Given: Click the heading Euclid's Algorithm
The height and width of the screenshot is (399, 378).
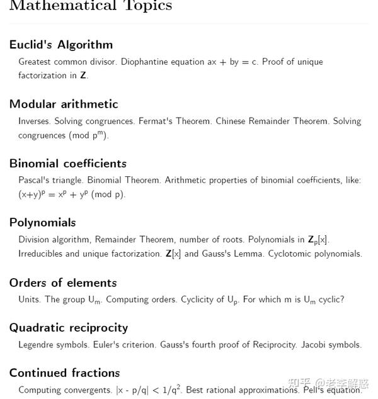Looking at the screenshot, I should click(x=61, y=45).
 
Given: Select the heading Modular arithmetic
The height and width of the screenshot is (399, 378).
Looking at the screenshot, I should click(x=64, y=104).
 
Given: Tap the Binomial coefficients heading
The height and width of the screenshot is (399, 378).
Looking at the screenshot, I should click(x=68, y=164).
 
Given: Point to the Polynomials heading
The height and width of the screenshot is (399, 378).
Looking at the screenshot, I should click(x=42, y=223).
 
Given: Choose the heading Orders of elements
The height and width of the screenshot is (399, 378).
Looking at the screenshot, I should click(x=63, y=283).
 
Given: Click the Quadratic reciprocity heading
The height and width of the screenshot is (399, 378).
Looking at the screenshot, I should click(x=69, y=328).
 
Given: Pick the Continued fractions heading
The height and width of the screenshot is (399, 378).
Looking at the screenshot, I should click(x=64, y=373).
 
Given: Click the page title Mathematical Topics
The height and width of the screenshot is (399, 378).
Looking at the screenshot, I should click(x=90, y=6).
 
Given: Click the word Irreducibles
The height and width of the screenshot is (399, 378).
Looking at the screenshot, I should click(x=41, y=254).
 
